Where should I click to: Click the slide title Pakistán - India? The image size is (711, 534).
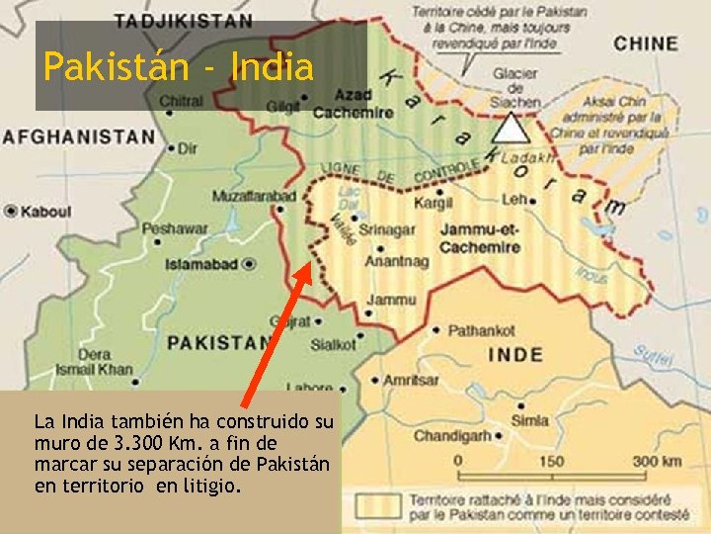[179, 67]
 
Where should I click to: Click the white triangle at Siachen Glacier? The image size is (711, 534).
[510, 130]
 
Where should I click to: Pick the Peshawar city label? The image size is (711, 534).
[175, 228]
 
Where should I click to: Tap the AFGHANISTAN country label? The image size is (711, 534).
[78, 137]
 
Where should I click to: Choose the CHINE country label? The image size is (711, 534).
[646, 44]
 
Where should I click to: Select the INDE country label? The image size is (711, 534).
[514, 354]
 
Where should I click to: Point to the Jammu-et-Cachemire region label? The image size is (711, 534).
[479, 238]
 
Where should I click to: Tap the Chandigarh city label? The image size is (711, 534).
[452, 436]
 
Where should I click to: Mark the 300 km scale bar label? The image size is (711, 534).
[657, 462]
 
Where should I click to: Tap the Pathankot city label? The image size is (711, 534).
[481, 330]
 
